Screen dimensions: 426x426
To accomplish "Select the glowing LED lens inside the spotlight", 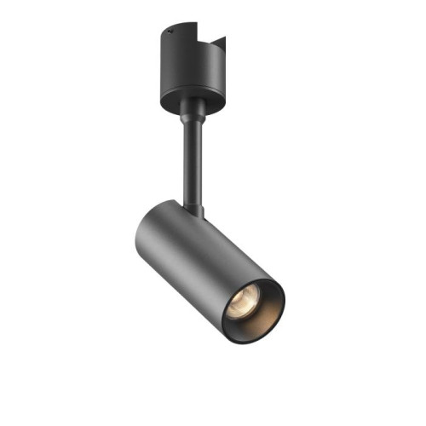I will (244, 300).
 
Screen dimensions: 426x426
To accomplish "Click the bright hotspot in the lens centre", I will (242, 297).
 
